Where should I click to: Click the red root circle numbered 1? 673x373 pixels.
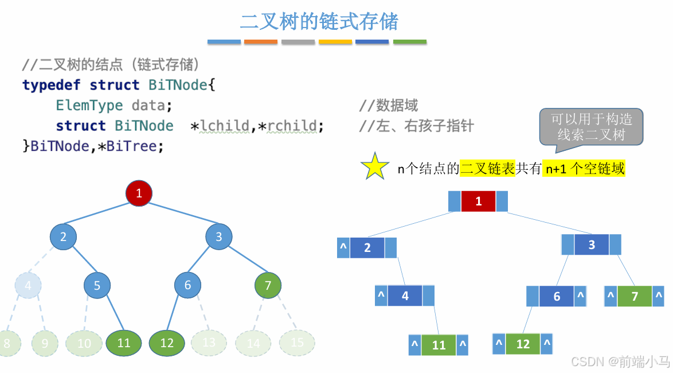coord(139,193)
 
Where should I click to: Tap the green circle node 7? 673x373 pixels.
coord(268,285)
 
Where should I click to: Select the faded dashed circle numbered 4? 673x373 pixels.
coord(29,285)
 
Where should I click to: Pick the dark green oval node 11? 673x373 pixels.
coord(124,343)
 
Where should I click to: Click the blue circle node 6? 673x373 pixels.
coord(187,285)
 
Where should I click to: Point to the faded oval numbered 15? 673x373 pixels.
coord(297,343)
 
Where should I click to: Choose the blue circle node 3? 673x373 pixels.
coord(218,236)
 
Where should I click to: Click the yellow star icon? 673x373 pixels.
coord(375,166)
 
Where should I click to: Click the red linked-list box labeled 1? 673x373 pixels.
coord(478,201)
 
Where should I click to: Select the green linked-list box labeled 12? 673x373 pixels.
coord(523,344)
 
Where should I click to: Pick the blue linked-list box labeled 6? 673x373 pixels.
coord(557,297)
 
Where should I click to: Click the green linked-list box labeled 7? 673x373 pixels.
coord(635,297)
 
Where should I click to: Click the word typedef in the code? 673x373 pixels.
coord(52,85)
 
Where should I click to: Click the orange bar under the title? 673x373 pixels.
coord(261,42)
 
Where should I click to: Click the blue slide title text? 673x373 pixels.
coord(319,22)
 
